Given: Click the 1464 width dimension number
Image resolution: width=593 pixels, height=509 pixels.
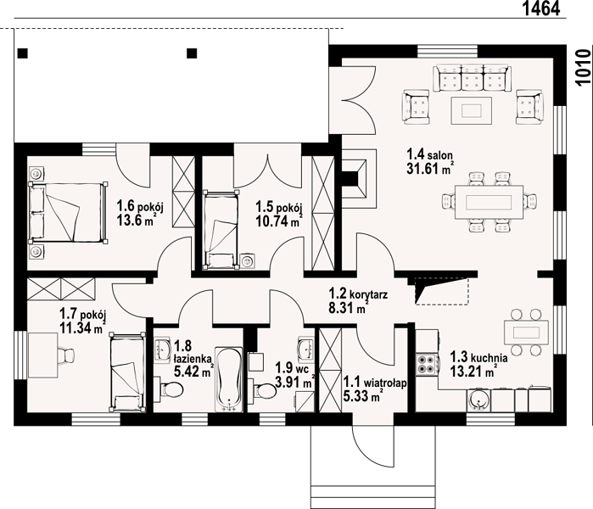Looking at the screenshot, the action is [x=541, y=8].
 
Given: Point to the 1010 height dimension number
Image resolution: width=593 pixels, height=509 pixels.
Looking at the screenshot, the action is [x=584, y=68].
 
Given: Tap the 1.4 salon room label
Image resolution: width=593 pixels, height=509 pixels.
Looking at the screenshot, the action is [x=429, y=154].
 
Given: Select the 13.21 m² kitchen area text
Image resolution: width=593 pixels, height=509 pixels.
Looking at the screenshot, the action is [x=473, y=371].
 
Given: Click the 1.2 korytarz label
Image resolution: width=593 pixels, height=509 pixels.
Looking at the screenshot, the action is [x=358, y=294].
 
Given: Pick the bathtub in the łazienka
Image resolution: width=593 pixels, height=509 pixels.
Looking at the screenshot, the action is [x=229, y=379].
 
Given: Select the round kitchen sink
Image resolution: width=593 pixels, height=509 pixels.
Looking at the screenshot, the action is [x=478, y=400].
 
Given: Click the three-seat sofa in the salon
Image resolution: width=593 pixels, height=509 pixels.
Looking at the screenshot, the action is [x=473, y=78].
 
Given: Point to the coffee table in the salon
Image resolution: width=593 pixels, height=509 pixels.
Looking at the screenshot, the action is [x=471, y=110].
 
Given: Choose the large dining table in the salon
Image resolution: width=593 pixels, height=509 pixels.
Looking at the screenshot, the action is [x=489, y=202].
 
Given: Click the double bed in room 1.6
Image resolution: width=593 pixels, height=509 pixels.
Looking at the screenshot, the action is [x=67, y=212].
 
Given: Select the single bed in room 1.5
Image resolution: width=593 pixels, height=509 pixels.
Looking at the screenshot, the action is [x=221, y=230].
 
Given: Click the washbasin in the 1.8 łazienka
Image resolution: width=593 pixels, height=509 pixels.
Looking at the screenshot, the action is [x=163, y=350].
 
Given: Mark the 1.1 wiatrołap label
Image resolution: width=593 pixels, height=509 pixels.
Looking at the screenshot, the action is [x=375, y=383].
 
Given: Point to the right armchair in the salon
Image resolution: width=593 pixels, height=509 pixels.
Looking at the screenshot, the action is [x=529, y=107].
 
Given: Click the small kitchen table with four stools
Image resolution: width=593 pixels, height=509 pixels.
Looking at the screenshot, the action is [x=526, y=333].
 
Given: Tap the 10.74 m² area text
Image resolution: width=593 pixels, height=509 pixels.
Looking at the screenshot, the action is [x=278, y=221].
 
